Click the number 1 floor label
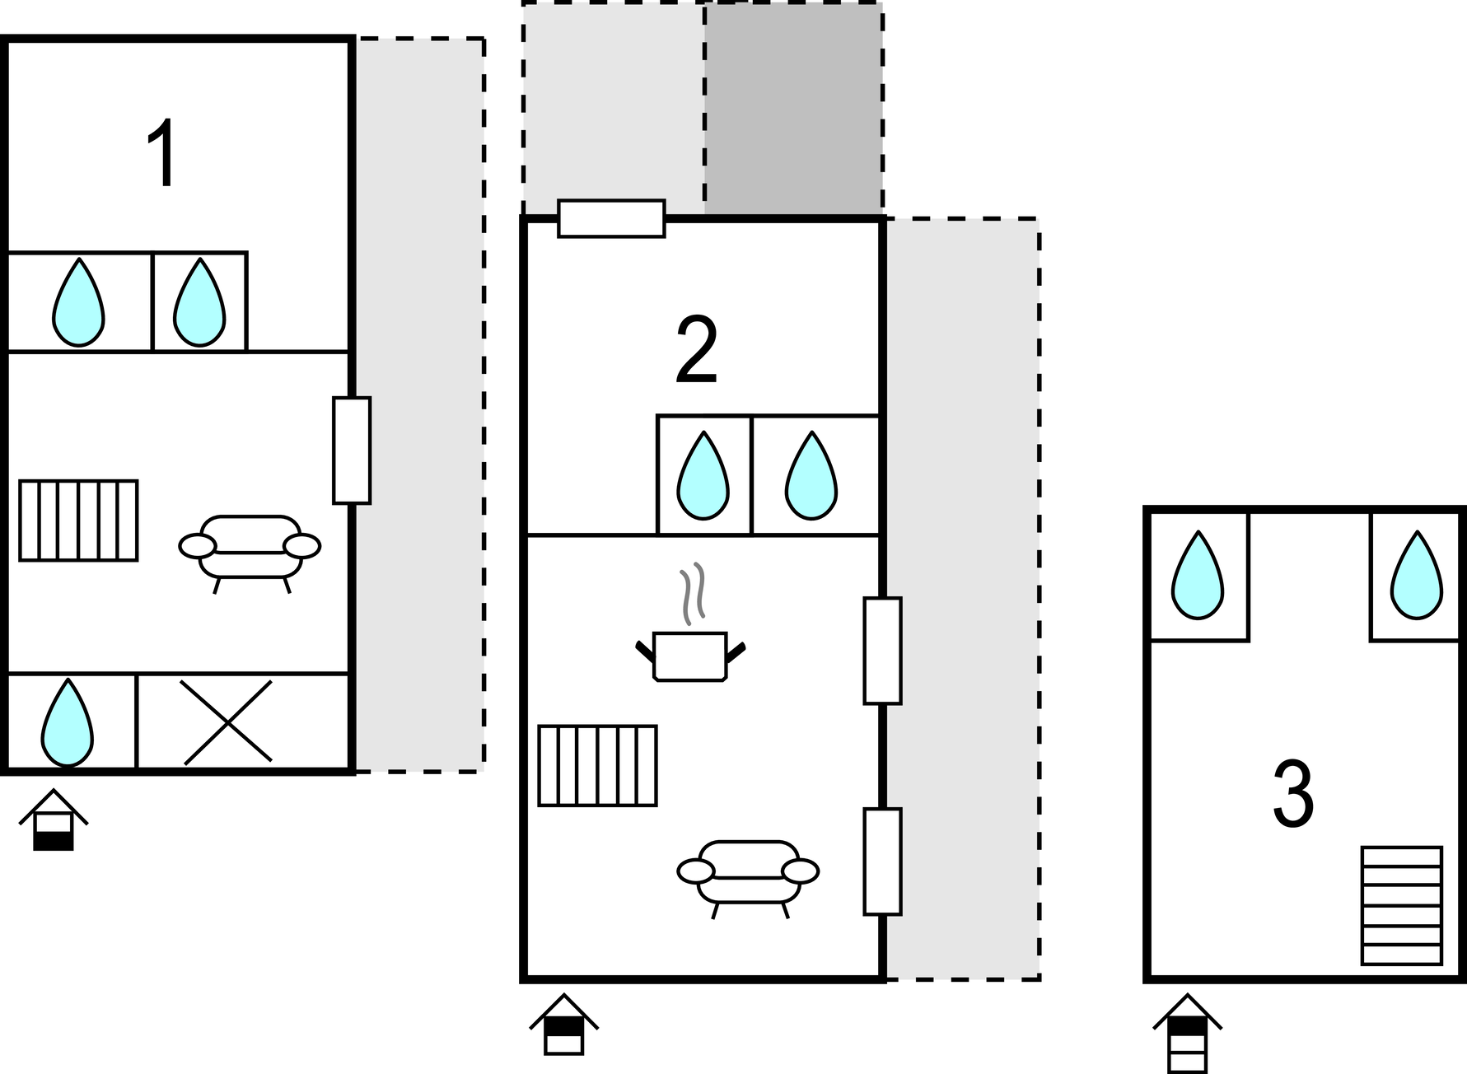click(x=162, y=154)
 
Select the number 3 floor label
click(x=1292, y=795)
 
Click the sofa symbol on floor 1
click(x=250, y=549)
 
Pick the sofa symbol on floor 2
click(x=748, y=874)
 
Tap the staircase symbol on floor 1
click(x=78, y=521)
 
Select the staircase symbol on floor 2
click(x=597, y=765)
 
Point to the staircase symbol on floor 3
click(x=1401, y=905)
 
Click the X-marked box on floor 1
click(x=227, y=721)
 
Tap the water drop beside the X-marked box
click(x=67, y=722)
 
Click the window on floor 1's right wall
click(x=352, y=450)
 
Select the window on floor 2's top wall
click(x=611, y=218)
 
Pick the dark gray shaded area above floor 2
click(x=793, y=109)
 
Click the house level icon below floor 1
click(x=54, y=820)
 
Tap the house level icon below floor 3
click(x=1187, y=1033)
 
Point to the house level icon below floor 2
click(x=563, y=1025)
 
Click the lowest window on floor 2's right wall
click(x=882, y=861)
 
